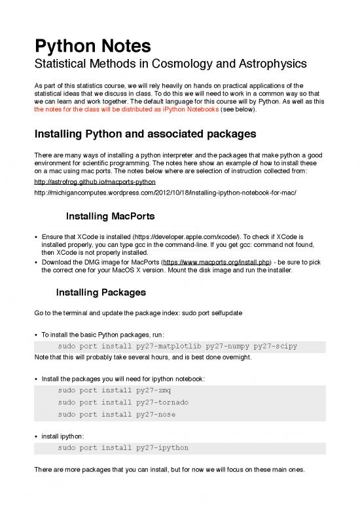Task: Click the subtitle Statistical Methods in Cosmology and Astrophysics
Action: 170,66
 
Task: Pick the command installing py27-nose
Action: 115,414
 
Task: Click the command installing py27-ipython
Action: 123,448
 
